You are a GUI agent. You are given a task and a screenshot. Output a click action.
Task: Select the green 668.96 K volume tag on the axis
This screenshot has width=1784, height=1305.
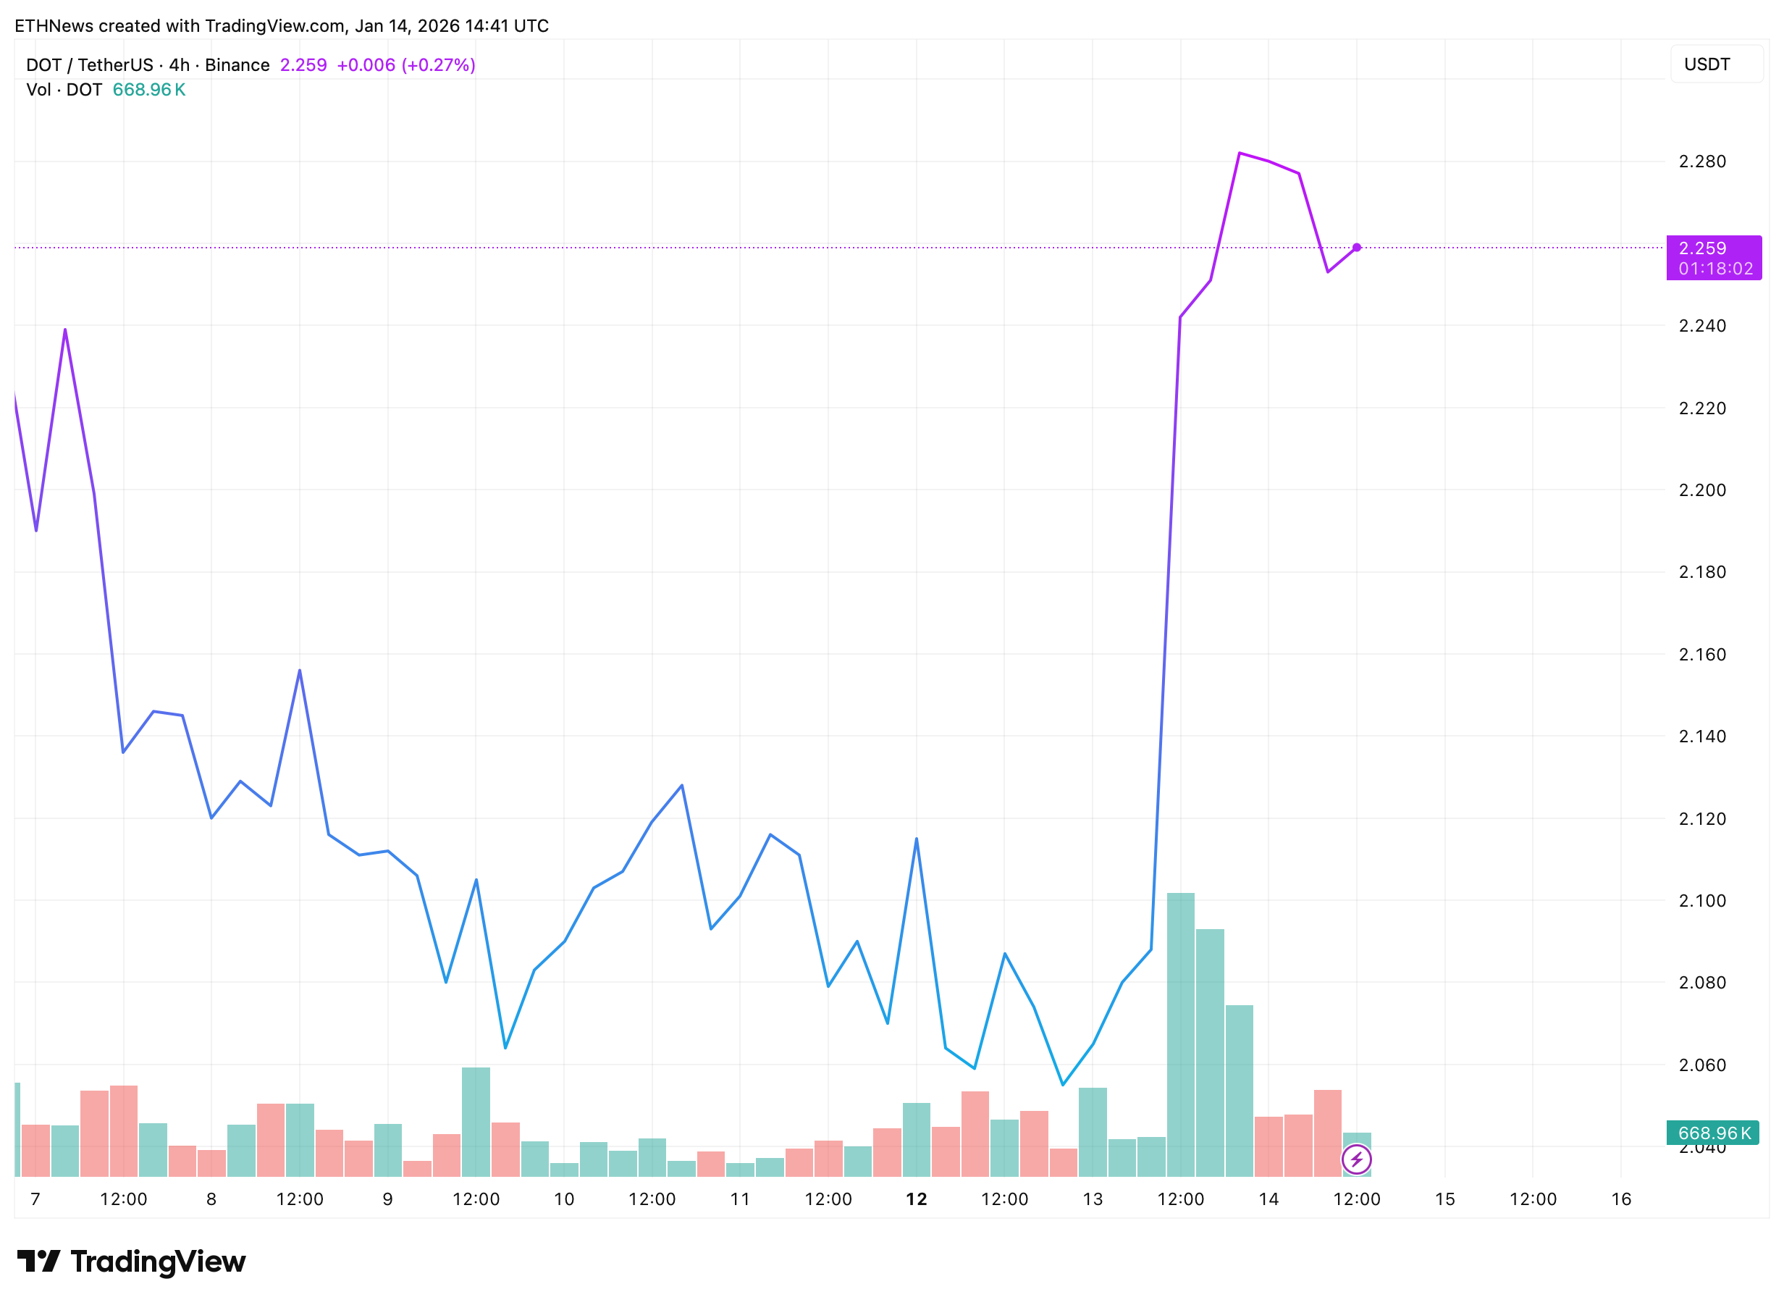point(1712,1133)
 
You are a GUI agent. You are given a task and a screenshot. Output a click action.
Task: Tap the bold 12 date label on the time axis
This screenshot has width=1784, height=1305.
point(916,1199)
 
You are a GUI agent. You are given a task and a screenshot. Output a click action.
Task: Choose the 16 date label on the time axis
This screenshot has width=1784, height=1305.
point(1620,1199)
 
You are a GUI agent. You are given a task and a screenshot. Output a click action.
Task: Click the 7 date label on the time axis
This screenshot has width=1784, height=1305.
point(35,1199)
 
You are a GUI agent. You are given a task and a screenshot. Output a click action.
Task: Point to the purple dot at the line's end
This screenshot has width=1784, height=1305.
point(1357,247)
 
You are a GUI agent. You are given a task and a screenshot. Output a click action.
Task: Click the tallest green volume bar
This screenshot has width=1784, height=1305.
point(1181,1035)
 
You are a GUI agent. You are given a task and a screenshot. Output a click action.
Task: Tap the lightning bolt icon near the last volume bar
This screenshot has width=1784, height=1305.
point(1357,1159)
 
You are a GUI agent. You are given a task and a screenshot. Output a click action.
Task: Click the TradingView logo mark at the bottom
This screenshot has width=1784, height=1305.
point(38,1262)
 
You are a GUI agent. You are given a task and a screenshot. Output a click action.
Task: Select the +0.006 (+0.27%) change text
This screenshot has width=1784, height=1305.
point(406,64)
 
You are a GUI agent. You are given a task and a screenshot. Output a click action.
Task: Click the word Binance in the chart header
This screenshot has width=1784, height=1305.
point(237,64)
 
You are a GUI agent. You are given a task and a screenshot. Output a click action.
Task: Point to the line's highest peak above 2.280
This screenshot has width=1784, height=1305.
point(1239,153)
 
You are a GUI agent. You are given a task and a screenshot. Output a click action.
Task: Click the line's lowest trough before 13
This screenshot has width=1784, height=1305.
point(1063,1085)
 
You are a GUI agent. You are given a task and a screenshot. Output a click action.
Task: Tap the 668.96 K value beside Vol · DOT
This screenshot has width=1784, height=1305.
point(148,89)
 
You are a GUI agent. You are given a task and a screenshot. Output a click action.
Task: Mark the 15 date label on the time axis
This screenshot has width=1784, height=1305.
point(1444,1199)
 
